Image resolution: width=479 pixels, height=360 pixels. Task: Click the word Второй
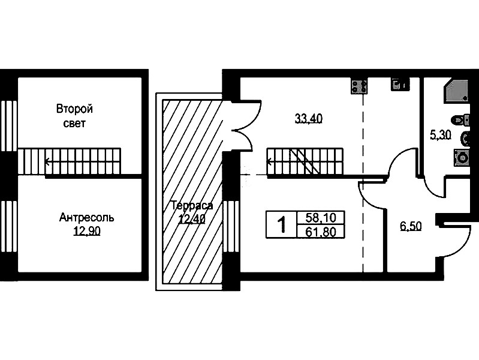74,109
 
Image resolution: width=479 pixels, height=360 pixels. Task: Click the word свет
74,124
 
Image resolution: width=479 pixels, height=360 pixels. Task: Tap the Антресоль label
87,217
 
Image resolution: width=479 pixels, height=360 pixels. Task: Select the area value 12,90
87,232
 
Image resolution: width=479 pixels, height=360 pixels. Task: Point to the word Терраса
192,206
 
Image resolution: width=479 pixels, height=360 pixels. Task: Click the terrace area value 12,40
192,219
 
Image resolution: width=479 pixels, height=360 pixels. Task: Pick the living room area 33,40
309,118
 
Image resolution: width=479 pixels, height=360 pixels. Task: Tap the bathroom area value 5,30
441,134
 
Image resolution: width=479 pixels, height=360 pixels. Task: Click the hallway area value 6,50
411,226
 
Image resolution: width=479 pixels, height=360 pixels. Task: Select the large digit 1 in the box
281,225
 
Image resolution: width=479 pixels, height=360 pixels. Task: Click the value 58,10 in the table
321,218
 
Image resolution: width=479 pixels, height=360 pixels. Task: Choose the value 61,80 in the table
321,232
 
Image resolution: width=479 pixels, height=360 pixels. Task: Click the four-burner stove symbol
359,86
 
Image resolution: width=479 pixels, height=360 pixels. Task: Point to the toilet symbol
462,120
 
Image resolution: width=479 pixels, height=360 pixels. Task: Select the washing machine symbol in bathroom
462,158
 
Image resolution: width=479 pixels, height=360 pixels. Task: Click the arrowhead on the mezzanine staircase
47,162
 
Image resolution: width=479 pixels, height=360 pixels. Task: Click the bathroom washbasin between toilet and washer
465,139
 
